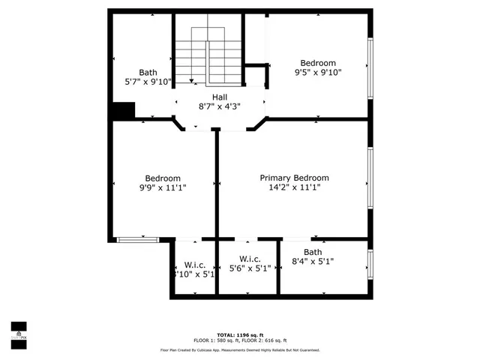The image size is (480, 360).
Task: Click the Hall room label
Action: (x=219, y=97)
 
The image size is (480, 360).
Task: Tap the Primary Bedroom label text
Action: (x=294, y=178)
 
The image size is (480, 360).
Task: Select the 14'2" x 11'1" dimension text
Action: (x=294, y=187)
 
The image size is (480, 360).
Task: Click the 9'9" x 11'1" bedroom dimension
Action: (x=163, y=187)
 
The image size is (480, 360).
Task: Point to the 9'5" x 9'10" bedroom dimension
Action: (x=318, y=73)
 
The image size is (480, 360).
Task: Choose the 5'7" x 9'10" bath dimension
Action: (x=148, y=82)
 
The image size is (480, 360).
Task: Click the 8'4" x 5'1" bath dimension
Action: (x=313, y=262)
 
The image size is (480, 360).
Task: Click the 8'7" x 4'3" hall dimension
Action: (x=219, y=106)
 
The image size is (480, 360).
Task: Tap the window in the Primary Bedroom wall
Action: (x=370, y=178)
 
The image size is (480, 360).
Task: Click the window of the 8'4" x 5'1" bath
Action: (x=370, y=262)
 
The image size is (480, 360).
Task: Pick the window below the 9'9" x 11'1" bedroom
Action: (x=137, y=239)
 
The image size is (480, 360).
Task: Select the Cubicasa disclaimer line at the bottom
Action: (x=239, y=349)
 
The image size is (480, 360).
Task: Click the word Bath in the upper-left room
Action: (x=148, y=73)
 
